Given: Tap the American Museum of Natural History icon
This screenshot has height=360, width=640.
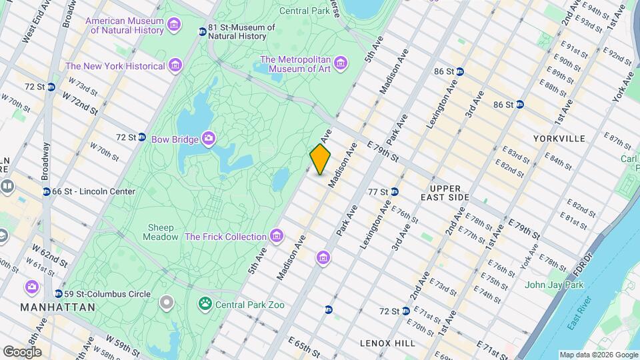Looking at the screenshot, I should pos(174,25).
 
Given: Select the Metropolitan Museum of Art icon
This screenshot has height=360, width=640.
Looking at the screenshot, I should pos(341,64).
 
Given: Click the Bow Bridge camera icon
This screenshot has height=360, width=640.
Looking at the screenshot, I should pos(209,139).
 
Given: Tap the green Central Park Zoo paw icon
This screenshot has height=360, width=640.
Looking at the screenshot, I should pos(204,305).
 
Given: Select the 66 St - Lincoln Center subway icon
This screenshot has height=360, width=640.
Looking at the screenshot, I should pos(46,192).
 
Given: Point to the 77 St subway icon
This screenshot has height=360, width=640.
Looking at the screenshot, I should pos(395,192).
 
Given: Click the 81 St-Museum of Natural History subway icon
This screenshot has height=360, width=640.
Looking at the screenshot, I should pos(203,32).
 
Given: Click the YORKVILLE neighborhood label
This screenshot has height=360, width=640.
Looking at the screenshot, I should pos(559,139).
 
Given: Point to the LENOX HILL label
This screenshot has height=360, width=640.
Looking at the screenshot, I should pos(387,343).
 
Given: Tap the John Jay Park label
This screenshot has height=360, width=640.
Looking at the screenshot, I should pos(553,285).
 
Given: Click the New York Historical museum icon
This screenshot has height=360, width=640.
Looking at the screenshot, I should pos(175,65).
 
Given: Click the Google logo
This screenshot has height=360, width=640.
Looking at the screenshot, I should pos(21,351).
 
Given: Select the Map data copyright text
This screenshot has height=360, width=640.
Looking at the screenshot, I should pos(598,355).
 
